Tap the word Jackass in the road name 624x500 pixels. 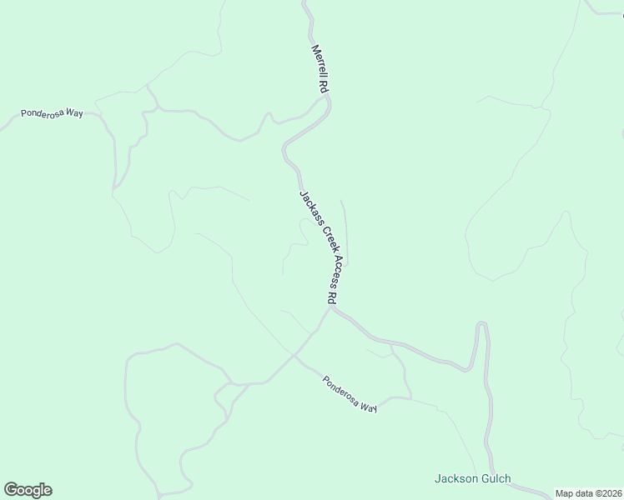[x=306, y=205]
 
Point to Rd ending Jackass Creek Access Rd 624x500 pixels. [x=332, y=297]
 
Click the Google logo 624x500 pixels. [x=28, y=490]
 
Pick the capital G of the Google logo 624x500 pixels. [x=11, y=489]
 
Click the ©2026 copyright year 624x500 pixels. [x=608, y=493]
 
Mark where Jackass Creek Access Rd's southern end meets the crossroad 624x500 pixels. [x=330, y=309]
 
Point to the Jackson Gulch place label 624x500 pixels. [x=472, y=479]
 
